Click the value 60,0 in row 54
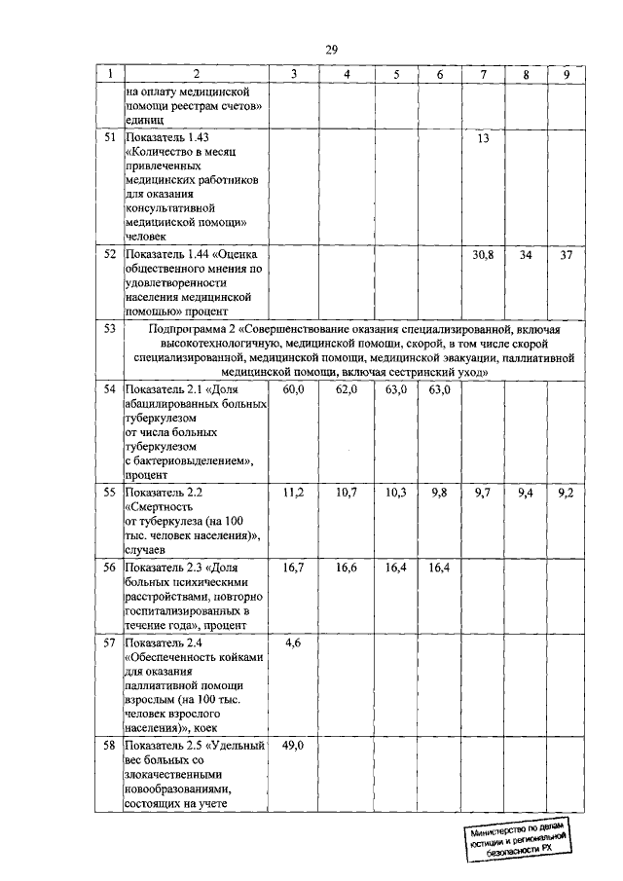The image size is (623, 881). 293,389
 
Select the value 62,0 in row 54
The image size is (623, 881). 347,389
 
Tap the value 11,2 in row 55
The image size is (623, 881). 293,494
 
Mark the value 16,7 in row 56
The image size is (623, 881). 293,567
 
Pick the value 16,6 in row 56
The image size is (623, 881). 347,567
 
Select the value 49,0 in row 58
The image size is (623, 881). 293,745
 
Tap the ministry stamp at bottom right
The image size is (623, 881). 516,836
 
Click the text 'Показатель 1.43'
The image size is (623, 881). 166,139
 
